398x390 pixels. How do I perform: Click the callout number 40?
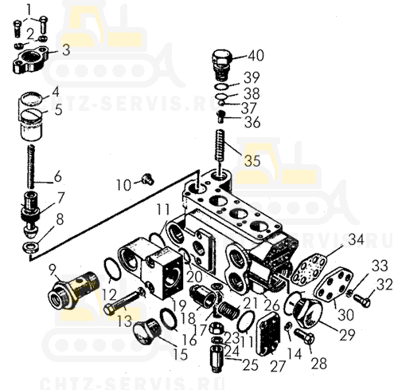pos(256,56)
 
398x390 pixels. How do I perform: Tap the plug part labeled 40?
pos(222,65)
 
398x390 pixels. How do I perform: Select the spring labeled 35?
pos(220,144)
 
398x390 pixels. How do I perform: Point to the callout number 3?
pos(66,49)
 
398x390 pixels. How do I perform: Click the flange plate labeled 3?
pos(30,60)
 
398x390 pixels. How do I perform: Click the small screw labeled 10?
pos(147,179)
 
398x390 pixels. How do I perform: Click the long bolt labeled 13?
pos(124,301)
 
